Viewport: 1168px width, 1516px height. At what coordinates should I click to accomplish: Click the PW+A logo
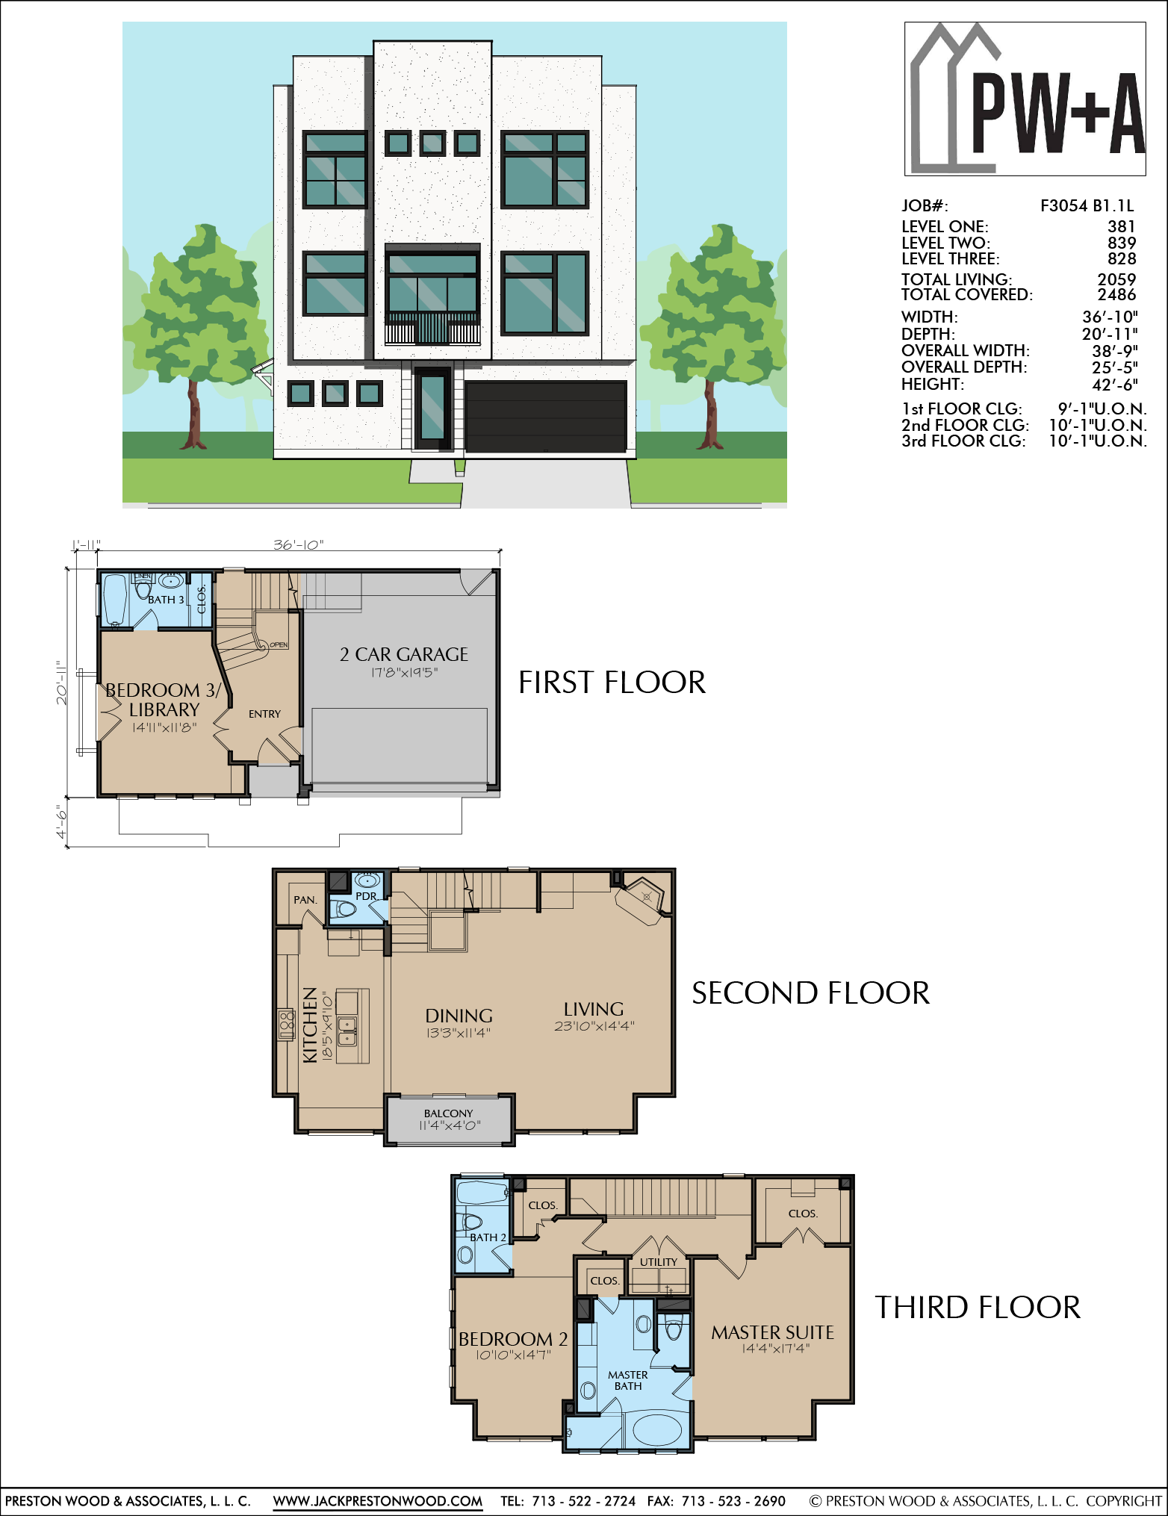point(1025,99)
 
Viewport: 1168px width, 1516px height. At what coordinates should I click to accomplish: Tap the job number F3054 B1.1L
point(1087,205)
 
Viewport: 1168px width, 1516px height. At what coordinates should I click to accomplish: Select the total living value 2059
point(1116,279)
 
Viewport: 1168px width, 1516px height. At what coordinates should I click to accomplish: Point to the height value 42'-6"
point(1115,385)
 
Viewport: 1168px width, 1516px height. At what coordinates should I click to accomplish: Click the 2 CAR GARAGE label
point(404,654)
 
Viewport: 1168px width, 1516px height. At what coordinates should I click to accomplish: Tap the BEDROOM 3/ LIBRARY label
point(164,700)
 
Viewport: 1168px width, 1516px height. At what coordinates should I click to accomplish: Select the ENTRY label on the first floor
point(264,714)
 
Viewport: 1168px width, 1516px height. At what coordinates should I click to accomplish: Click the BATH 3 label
point(166,600)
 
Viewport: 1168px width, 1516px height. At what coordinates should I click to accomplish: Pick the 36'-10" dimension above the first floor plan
point(298,545)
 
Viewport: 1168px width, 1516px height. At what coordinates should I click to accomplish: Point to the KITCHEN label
point(310,1025)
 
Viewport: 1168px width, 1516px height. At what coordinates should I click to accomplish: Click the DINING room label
point(459,1016)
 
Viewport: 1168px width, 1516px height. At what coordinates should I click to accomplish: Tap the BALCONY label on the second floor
point(448,1113)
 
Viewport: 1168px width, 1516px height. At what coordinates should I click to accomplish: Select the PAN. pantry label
point(305,900)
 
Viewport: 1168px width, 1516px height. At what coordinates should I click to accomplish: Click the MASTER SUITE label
point(772,1332)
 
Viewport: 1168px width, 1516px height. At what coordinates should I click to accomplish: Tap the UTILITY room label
point(659,1262)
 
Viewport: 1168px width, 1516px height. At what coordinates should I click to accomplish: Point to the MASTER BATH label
point(628,1380)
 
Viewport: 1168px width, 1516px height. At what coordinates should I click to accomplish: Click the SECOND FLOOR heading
point(810,993)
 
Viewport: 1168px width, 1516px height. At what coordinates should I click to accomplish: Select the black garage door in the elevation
point(546,417)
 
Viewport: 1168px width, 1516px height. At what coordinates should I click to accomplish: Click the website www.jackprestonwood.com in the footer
point(378,1500)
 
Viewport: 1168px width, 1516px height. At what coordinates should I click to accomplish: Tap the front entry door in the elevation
point(432,408)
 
